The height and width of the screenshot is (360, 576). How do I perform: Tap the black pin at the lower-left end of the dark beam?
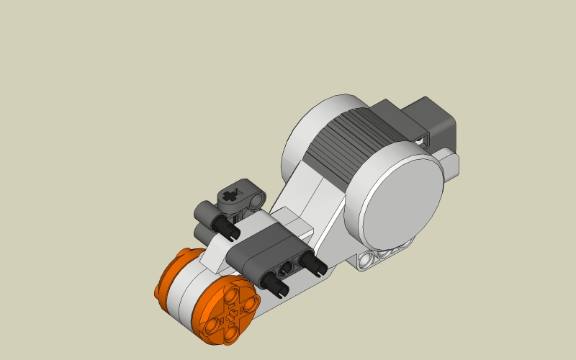[x=277, y=286]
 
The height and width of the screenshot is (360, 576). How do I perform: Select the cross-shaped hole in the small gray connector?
[x=230, y=194]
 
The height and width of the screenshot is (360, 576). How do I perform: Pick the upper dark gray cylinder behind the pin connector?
[x=205, y=212]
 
